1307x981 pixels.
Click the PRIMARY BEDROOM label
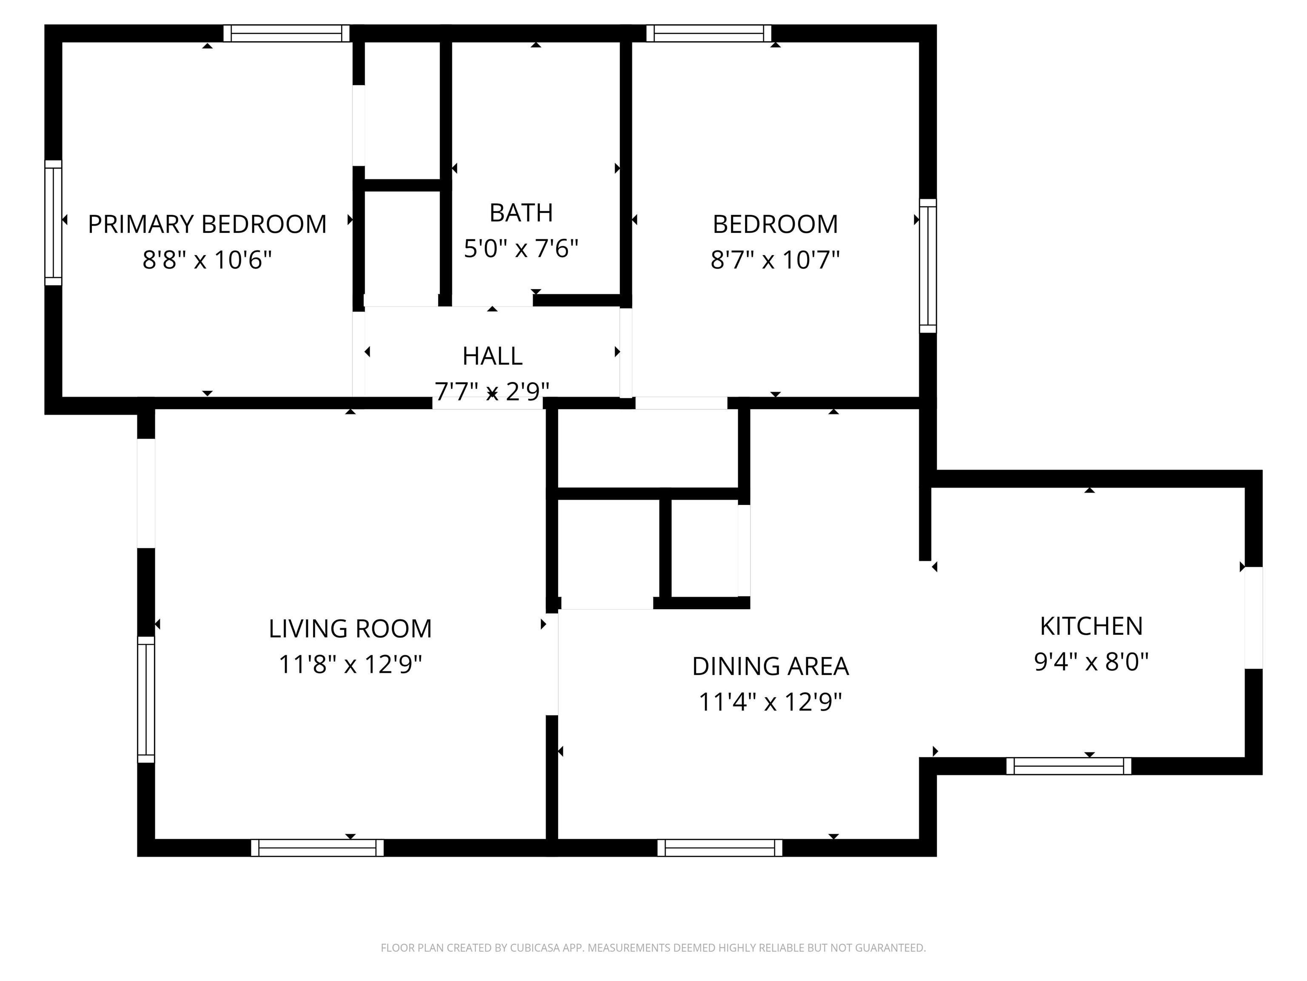coord(207,224)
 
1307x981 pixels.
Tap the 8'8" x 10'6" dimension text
coord(207,260)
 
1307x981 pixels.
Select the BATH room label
coord(521,213)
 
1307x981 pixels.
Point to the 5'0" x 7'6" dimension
coord(521,248)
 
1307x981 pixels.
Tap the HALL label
coord(492,356)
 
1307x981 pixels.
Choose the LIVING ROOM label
coord(350,628)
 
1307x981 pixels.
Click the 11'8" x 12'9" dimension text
coord(350,664)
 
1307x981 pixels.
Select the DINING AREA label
coord(771,666)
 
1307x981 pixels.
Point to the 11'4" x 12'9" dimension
coord(771,702)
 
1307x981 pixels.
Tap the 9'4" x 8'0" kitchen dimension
coord(1091,662)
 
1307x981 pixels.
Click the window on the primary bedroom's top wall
coord(287,33)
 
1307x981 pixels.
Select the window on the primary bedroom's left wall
coord(53,222)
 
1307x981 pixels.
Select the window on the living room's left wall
coord(146,699)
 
